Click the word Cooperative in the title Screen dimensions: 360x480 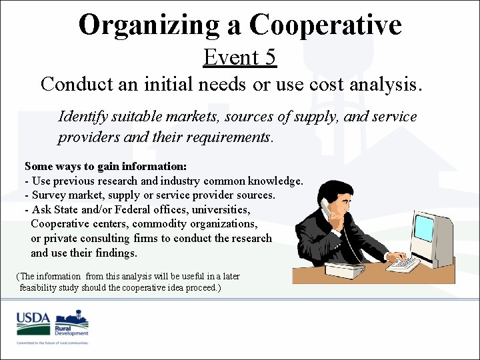[x=325, y=25]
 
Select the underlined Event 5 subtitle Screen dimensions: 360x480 [x=239, y=57]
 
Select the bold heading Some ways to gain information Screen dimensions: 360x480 [x=105, y=166]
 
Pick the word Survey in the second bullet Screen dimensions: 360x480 [x=49, y=195]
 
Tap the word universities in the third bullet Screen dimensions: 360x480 [x=223, y=209]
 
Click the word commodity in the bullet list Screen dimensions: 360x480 [x=154, y=224]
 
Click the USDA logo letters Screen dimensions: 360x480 [x=33, y=319]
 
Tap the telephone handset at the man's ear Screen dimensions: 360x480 [x=326, y=208]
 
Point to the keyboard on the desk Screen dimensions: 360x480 [x=403, y=265]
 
